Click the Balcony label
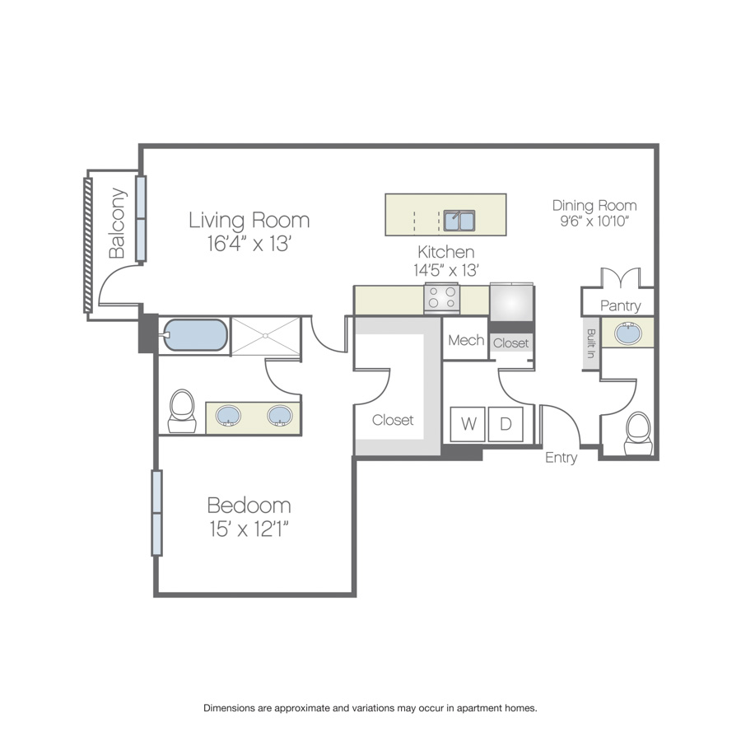pos(117,223)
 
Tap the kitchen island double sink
pos(459,221)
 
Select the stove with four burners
pos(442,298)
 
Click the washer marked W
pos(468,424)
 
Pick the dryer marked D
pos(506,424)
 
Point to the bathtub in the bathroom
pos(195,335)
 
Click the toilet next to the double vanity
pos(183,411)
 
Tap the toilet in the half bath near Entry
pos(638,434)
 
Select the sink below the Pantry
pos(627,333)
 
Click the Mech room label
pos(466,340)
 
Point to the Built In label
pos(590,343)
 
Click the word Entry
pos(561,458)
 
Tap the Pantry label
pos(621,305)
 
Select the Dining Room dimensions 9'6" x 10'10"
pos(594,221)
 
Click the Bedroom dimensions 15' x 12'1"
pos(249,529)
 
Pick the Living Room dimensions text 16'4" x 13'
pos(249,244)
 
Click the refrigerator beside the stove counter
pos(512,302)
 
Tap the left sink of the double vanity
pos(228,416)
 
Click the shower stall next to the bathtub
pos(266,336)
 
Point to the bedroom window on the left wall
pos(157,513)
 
